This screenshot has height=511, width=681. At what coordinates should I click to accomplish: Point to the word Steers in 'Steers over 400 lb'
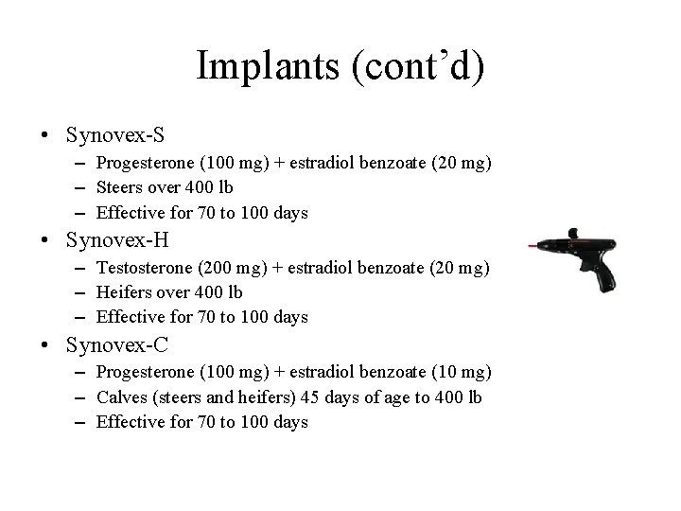119,187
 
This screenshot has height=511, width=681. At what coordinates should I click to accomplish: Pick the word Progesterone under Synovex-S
144,163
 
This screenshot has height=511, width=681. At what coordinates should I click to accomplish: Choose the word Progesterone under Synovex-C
144,373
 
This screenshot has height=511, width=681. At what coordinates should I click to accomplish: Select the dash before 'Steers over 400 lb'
82,188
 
